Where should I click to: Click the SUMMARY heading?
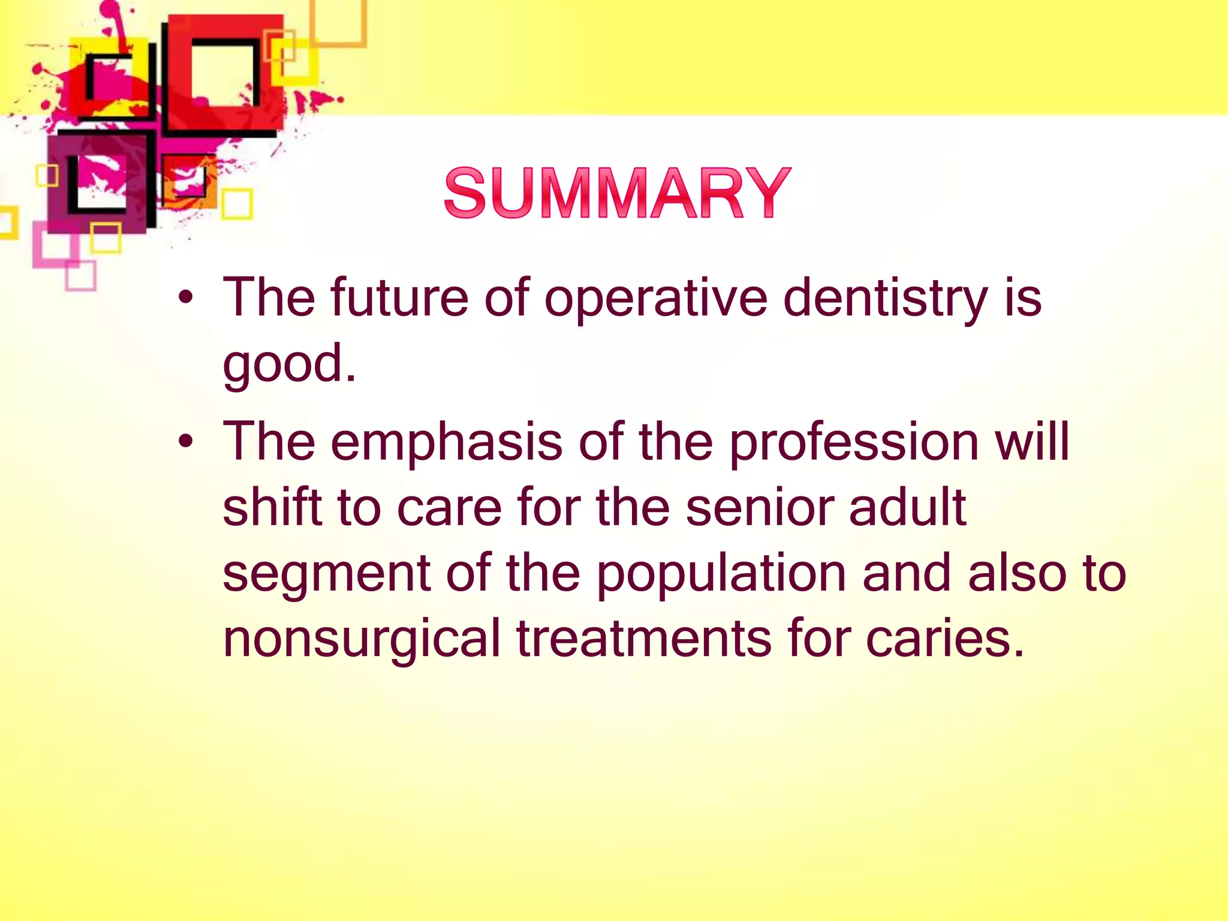tap(618, 193)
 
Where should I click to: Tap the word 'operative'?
tap(655, 299)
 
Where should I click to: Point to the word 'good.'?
tap(290, 365)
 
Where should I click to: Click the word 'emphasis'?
tap(446, 442)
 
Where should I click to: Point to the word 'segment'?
tap(326, 574)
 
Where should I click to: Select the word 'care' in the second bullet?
tap(449, 508)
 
